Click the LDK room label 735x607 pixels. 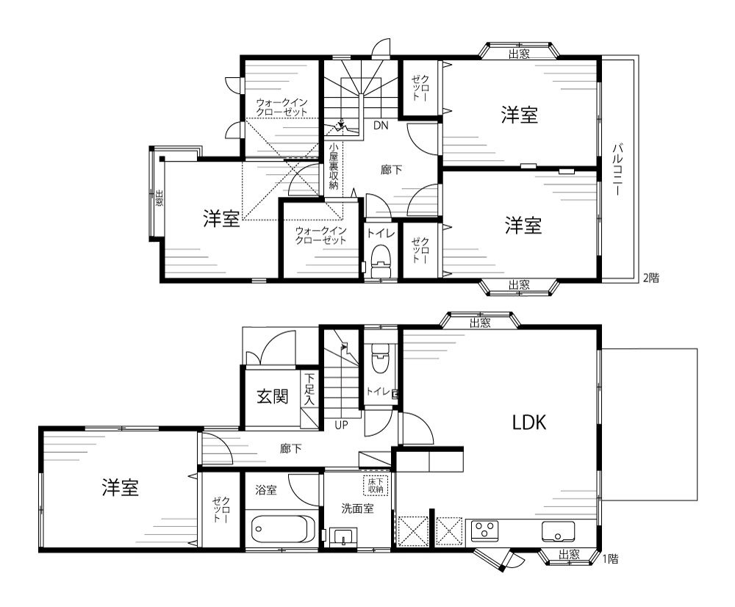[x=528, y=423]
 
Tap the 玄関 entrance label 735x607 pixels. [x=272, y=397]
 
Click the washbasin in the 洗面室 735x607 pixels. [x=343, y=536]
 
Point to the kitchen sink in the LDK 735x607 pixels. [x=558, y=531]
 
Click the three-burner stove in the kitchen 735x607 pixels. [x=484, y=531]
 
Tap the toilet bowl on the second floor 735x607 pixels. [x=381, y=261]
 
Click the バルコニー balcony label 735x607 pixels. [x=617, y=170]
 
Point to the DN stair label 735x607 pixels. [x=381, y=126]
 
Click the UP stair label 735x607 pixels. [x=341, y=425]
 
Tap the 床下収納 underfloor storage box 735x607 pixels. [x=376, y=486]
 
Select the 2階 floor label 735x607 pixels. [x=651, y=278]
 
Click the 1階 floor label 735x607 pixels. [x=610, y=558]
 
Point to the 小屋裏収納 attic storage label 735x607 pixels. [x=333, y=165]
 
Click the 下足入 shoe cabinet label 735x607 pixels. [x=309, y=389]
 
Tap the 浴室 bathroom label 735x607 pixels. [x=266, y=490]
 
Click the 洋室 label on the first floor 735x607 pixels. [x=120, y=487]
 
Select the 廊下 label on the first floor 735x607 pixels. [x=290, y=449]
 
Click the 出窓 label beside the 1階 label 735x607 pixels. [x=569, y=555]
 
